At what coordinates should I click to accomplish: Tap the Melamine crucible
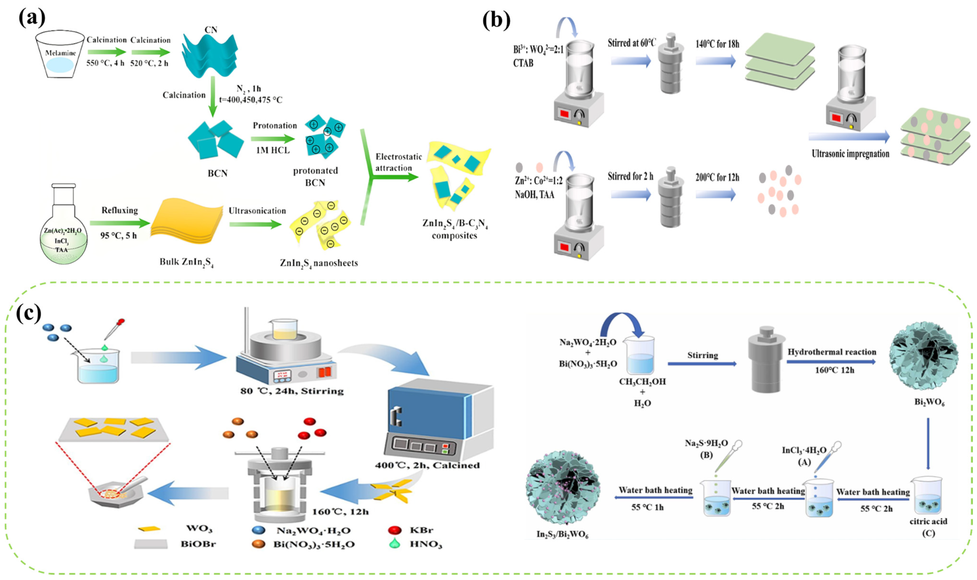click(x=60, y=55)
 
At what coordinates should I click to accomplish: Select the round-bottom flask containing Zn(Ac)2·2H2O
click(x=63, y=231)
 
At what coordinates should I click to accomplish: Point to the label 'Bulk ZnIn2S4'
click(x=186, y=262)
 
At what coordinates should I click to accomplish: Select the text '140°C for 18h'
click(x=717, y=44)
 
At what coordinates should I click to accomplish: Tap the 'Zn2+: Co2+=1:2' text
click(x=538, y=181)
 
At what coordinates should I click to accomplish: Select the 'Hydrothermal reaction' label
click(x=831, y=352)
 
